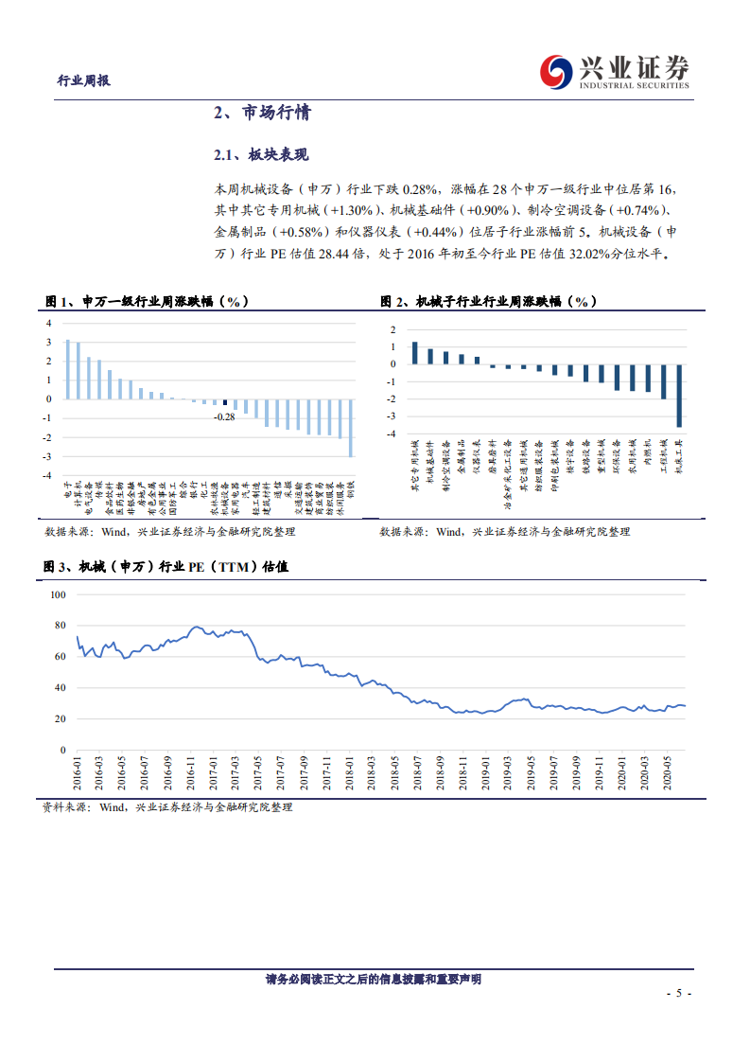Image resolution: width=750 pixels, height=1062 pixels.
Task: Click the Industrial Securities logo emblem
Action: [x=555, y=72]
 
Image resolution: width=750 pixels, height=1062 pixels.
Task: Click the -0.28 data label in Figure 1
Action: [x=224, y=416]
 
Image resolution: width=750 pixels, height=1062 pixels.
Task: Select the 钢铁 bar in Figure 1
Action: [x=351, y=428]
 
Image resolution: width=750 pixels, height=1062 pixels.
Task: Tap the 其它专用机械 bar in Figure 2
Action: [x=414, y=353]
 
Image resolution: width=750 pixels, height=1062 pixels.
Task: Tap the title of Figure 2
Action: [x=488, y=301]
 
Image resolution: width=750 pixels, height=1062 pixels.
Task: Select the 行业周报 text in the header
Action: [x=84, y=80]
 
